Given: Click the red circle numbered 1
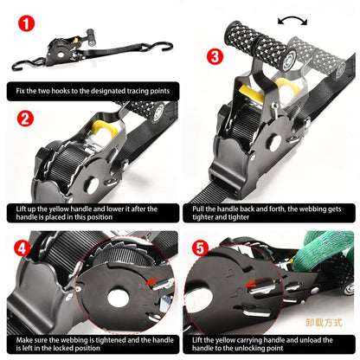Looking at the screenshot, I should (x=28, y=23).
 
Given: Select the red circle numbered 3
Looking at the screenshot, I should (x=215, y=57).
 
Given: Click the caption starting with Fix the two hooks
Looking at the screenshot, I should (x=92, y=88).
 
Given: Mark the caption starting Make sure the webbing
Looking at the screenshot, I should (x=92, y=345).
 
